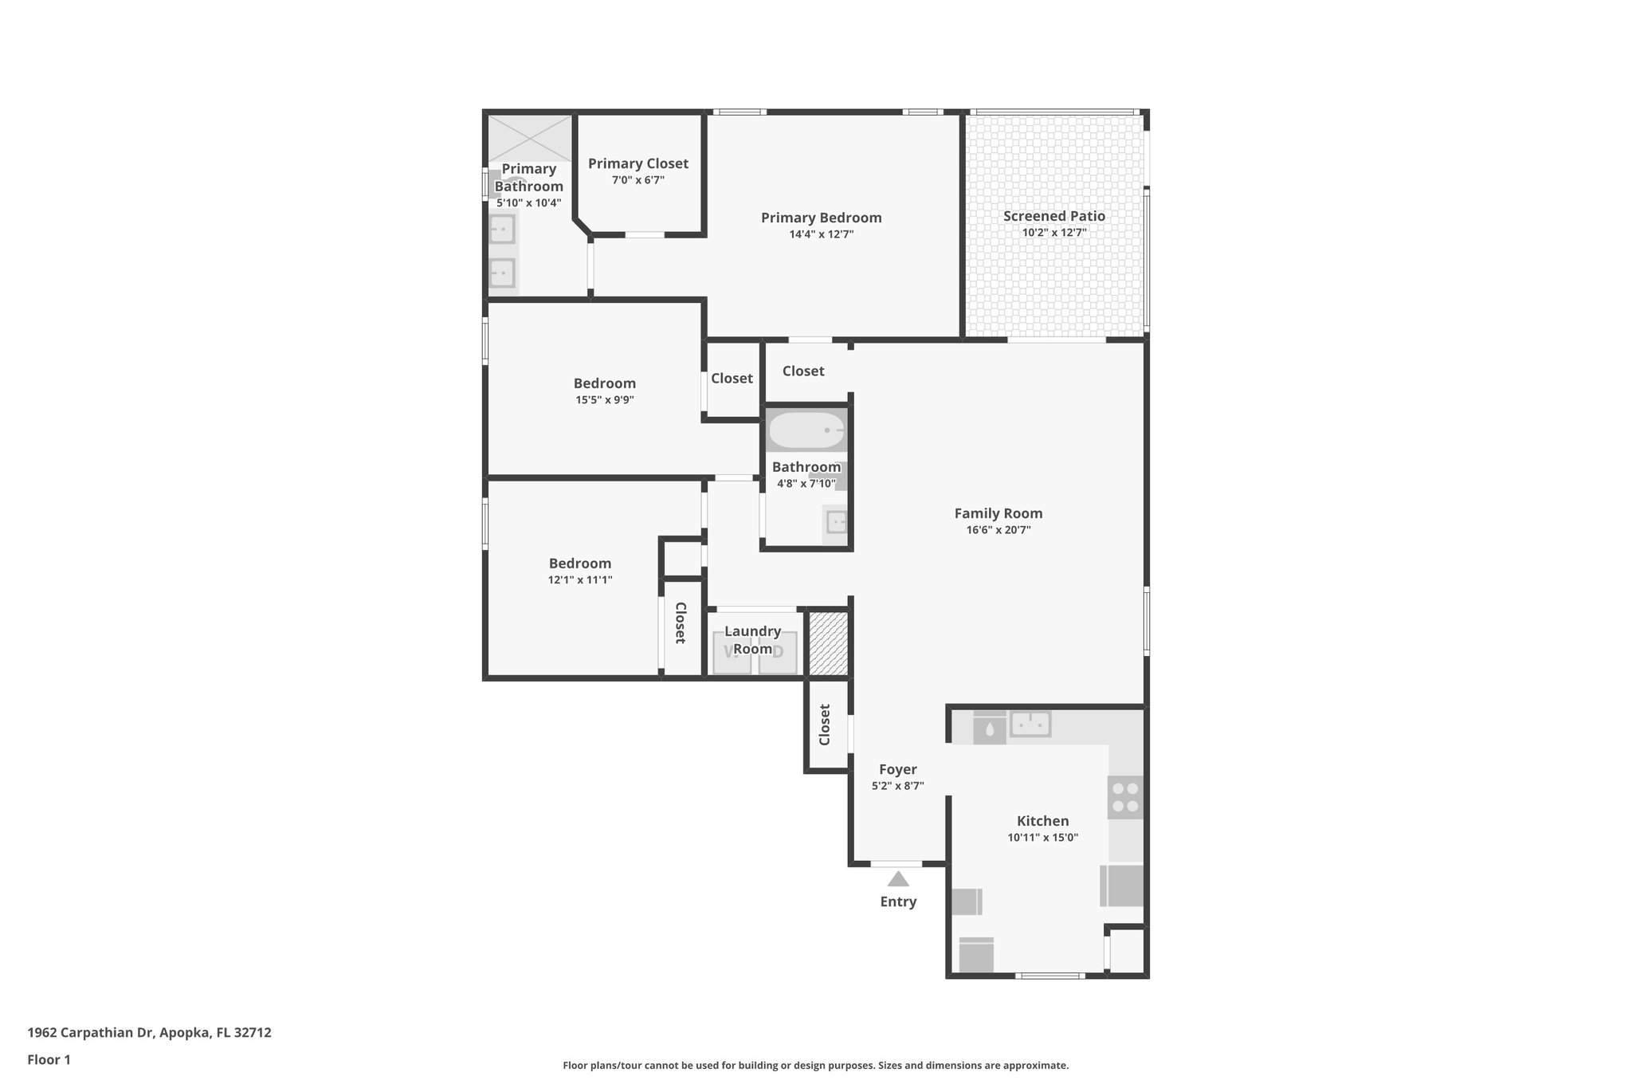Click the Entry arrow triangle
(x=898, y=879)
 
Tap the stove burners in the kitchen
(x=1125, y=797)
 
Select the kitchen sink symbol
(x=1030, y=725)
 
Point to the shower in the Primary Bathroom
(x=530, y=138)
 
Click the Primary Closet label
(x=638, y=163)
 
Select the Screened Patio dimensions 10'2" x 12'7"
(x=1054, y=233)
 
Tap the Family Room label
(x=998, y=513)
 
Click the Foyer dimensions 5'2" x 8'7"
(x=898, y=786)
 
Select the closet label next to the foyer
(x=825, y=725)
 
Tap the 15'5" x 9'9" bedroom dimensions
(x=605, y=400)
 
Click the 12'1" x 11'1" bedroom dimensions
(x=580, y=580)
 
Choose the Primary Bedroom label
(x=821, y=218)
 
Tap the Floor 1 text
(x=49, y=1060)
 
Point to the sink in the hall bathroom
(x=836, y=523)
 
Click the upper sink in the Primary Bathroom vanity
(x=502, y=230)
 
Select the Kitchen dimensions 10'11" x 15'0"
(x=1042, y=838)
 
